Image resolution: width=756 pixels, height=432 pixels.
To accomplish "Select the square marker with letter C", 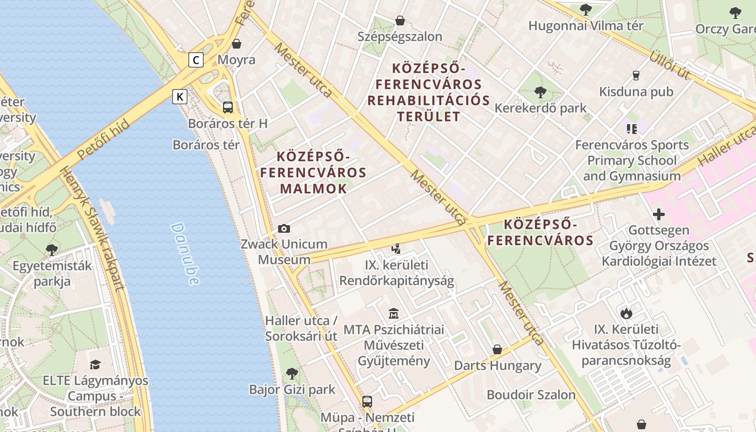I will click(x=196, y=59).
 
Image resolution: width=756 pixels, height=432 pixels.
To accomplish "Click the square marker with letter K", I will click(x=180, y=97).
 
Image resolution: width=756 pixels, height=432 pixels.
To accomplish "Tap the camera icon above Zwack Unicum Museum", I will click(x=283, y=229).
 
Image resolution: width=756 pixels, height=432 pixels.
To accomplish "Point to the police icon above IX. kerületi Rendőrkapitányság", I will click(x=396, y=249).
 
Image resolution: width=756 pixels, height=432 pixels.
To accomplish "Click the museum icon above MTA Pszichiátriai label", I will click(x=394, y=313).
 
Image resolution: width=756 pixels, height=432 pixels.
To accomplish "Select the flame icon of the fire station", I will click(x=626, y=313).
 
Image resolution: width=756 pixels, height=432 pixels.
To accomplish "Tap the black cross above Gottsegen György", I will click(x=658, y=214).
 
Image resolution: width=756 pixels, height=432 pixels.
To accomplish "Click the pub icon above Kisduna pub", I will click(x=636, y=76).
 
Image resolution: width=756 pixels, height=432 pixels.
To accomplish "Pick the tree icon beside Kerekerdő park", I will click(x=540, y=92).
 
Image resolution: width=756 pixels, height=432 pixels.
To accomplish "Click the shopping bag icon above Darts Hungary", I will click(x=497, y=349).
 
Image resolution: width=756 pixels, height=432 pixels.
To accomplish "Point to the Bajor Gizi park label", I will click(x=292, y=389).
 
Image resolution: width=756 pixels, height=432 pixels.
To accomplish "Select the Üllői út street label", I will click(x=670, y=65).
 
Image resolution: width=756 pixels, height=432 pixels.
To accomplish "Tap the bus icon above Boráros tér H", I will click(x=228, y=107).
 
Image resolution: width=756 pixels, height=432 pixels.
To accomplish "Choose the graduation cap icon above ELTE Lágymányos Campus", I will click(x=95, y=364).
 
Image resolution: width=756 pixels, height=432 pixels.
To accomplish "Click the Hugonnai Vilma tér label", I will click(x=585, y=25).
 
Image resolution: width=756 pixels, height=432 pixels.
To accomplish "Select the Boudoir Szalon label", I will click(x=531, y=395).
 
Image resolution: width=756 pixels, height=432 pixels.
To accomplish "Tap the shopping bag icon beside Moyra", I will click(x=237, y=44).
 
